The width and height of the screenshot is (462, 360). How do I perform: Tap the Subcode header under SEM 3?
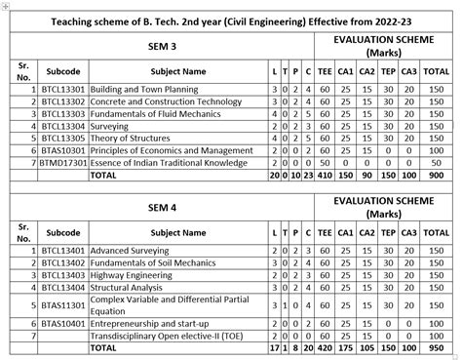(x=63, y=72)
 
